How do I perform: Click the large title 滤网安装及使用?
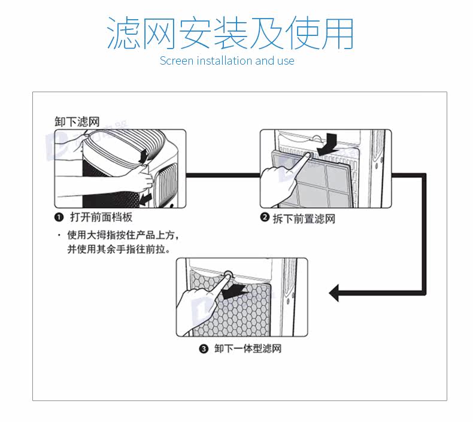(x=229, y=33)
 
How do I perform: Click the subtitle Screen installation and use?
(x=227, y=60)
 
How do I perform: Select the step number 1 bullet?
(x=59, y=217)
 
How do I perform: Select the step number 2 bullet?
(x=264, y=218)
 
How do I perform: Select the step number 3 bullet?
(x=204, y=348)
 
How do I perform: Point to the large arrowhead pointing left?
(x=336, y=293)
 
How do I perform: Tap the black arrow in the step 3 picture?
(x=234, y=290)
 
